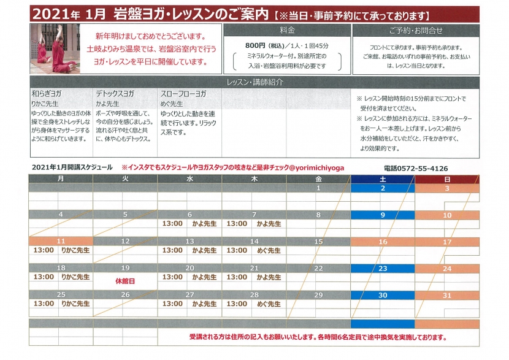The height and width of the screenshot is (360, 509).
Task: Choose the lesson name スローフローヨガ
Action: click(183, 94)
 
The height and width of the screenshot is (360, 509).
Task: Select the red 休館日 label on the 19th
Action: click(124, 280)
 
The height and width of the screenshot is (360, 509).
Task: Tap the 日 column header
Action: click(447, 179)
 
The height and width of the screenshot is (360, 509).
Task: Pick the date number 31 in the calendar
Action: click(447, 296)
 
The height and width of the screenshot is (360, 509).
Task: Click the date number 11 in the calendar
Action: click(60, 242)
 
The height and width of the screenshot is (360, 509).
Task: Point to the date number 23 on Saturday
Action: click(382, 269)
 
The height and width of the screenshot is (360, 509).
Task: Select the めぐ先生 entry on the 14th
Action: click(269, 250)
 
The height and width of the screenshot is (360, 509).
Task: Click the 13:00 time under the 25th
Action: click(44, 304)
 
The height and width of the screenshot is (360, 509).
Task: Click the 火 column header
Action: click(124, 179)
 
